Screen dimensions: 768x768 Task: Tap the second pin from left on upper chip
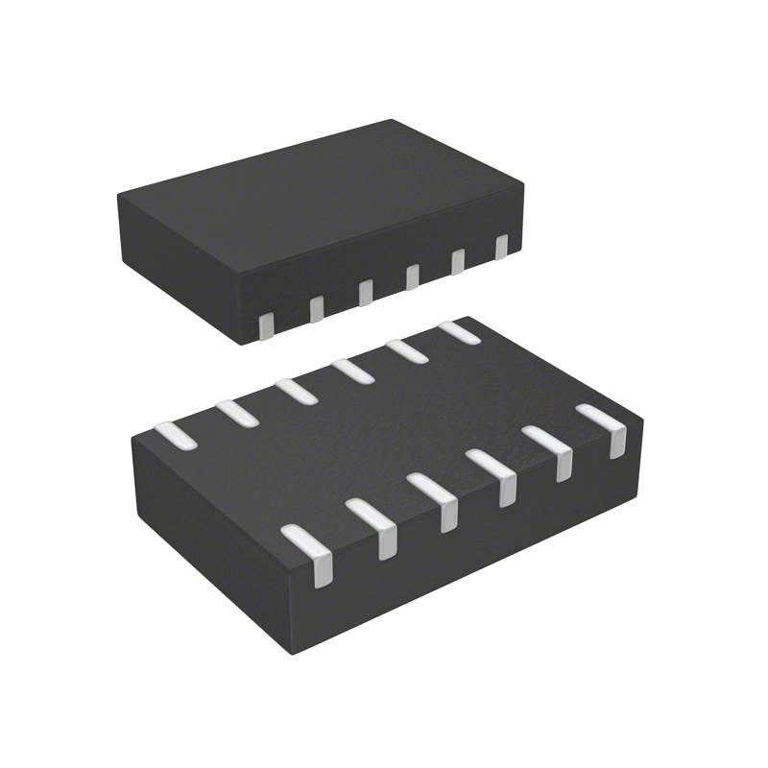316,308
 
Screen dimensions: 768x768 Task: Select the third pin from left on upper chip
365,292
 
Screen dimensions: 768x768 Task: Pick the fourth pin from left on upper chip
412,276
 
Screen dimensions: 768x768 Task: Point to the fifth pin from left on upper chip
458,260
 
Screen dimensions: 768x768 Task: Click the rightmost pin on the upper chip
500,246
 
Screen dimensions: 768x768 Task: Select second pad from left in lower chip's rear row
236,412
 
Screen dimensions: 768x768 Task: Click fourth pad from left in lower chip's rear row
353,371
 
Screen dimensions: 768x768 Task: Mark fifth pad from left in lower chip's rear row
407,350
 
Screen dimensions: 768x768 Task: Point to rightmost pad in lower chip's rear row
459,332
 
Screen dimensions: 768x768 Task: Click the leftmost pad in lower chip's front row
309,549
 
